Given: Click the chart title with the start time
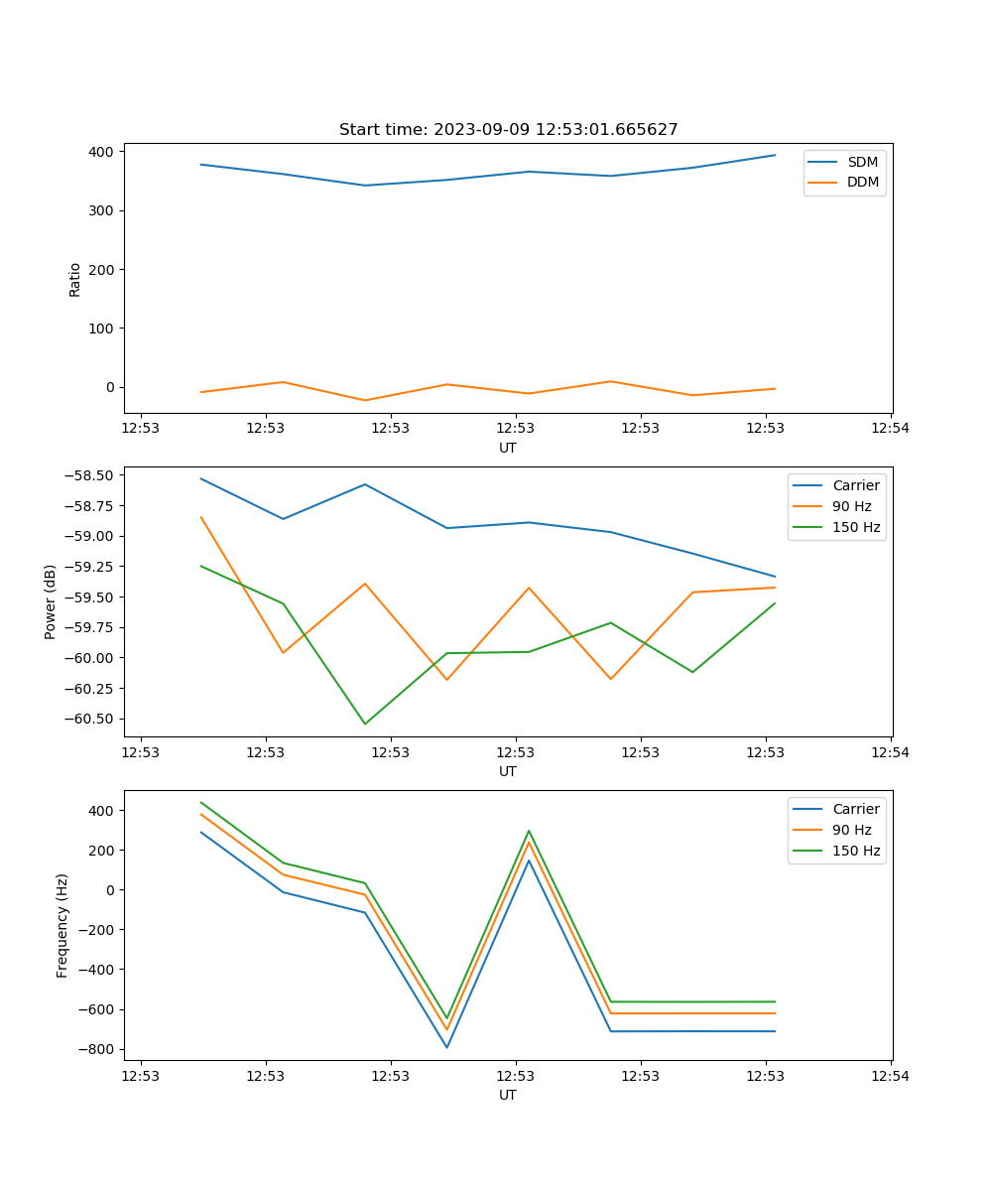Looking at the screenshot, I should coord(508,130).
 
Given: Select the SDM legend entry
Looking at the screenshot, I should coord(862,162).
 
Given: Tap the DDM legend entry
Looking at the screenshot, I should coord(862,183).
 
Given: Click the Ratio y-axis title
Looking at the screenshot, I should coord(75,279).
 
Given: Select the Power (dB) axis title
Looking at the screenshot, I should coord(51,601).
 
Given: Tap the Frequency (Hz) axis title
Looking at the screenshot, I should coord(62,925).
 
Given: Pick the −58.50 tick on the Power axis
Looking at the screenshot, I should coord(89,475).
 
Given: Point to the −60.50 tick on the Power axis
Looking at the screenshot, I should coord(89,719).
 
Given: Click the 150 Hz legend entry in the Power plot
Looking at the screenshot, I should coord(856,527).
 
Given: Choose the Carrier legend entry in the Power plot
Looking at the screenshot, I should coord(856,485).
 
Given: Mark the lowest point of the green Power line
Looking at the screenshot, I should coord(365,724).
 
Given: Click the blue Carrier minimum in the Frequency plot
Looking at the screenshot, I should coord(446,1047).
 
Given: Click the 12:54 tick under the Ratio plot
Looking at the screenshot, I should coord(890,429).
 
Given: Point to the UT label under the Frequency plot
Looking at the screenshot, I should coord(508,1095).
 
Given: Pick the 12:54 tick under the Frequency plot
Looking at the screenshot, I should coord(890,1076).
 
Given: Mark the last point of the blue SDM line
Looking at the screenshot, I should coord(775,155).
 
